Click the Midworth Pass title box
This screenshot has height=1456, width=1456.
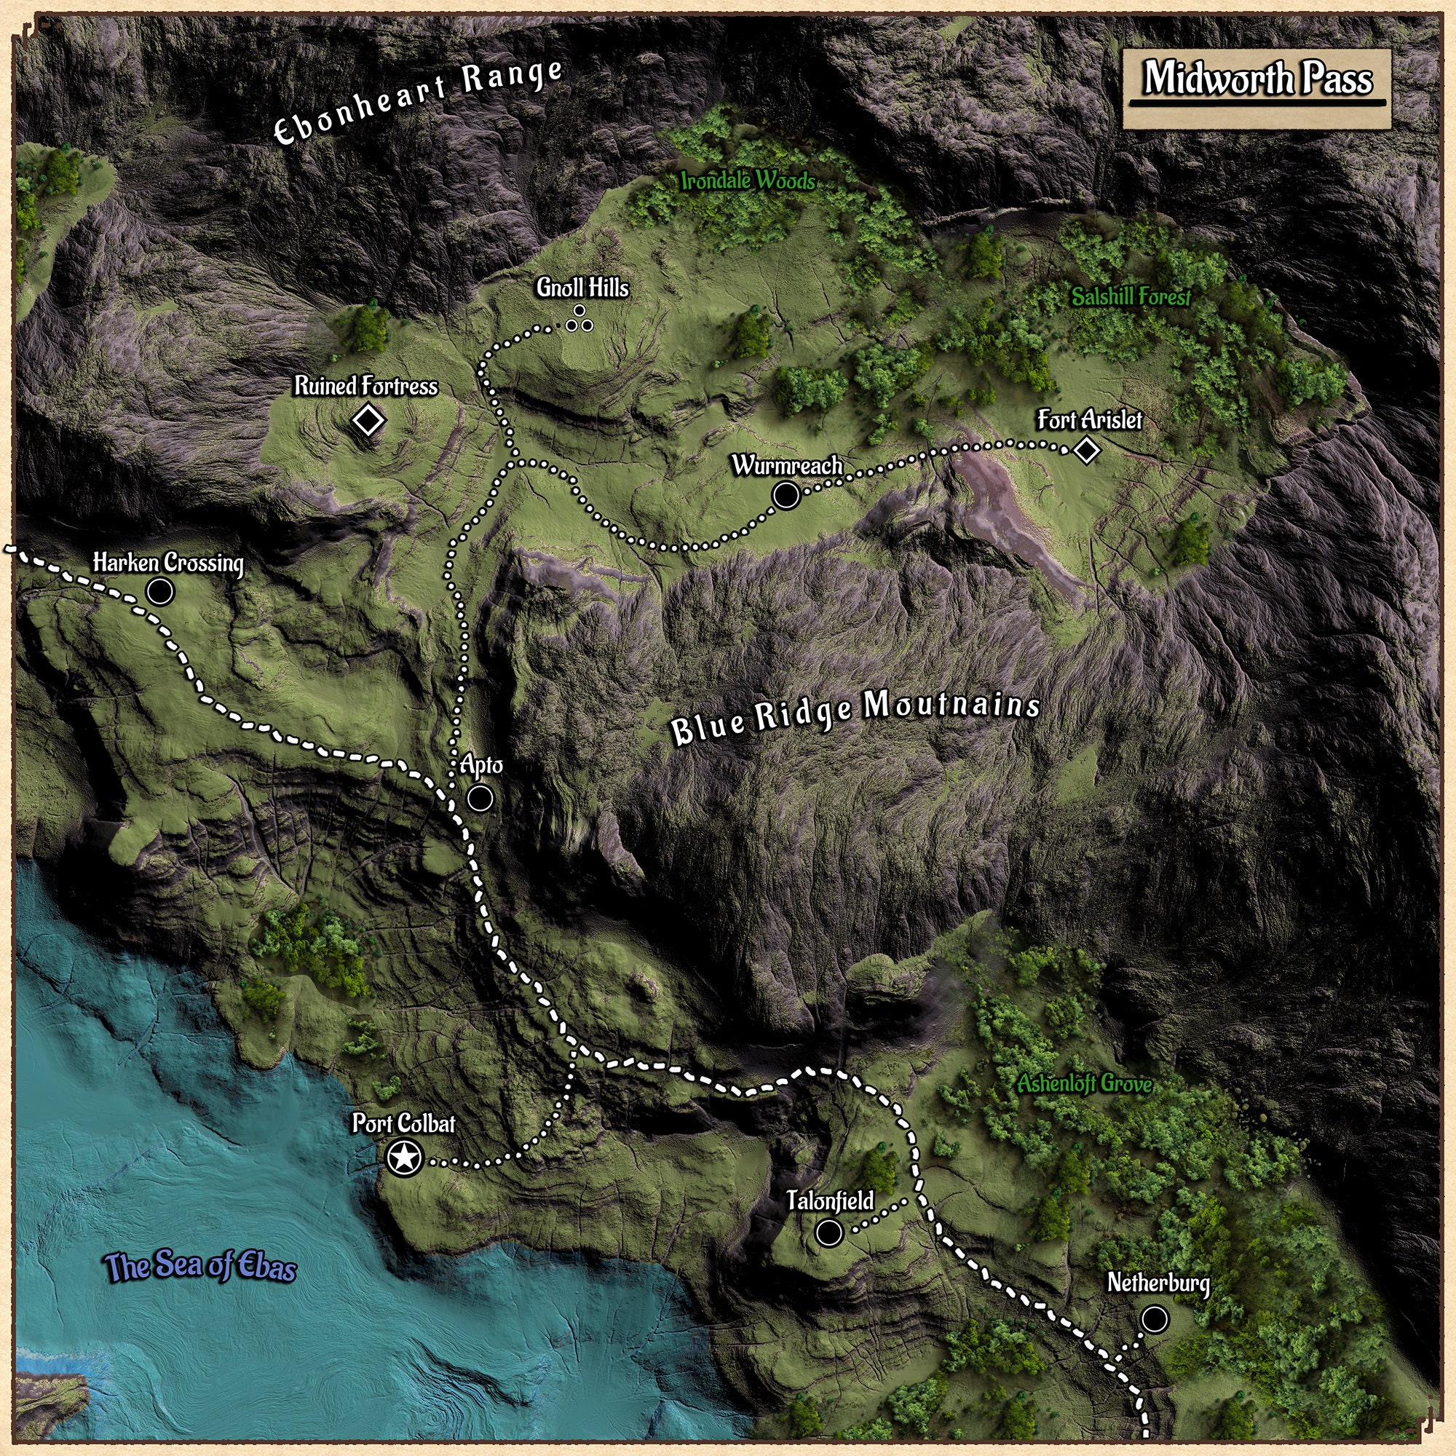coord(1257,89)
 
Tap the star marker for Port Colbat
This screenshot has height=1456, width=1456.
coord(404,1158)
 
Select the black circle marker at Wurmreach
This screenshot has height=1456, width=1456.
coord(786,495)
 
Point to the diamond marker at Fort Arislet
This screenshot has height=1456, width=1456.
coord(1086,451)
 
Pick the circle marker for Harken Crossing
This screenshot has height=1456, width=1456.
coord(159,592)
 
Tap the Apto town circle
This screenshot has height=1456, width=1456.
coord(480,797)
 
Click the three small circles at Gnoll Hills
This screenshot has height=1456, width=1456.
coord(579,320)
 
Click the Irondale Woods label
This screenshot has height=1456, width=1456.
coord(748,181)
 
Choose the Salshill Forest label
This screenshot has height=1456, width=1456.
coord(1131,298)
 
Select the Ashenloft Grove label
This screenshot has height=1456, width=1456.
coord(1085,1085)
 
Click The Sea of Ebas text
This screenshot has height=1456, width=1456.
coord(201,1267)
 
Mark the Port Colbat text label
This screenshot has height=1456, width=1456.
coord(404,1123)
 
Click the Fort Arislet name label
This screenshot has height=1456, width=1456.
coord(1089,420)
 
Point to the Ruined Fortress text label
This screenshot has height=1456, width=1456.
coord(365,387)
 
